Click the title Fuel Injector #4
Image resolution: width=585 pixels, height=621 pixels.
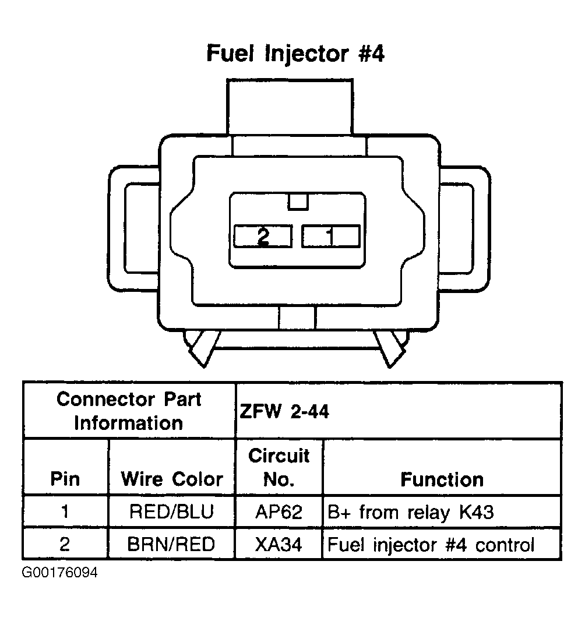tap(295, 54)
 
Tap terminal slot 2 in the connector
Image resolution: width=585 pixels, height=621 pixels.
tap(263, 236)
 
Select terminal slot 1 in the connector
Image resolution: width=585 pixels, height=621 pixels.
tap(330, 236)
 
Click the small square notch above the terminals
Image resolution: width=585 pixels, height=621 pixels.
tap(298, 202)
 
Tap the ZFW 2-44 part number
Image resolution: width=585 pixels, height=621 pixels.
tap(284, 412)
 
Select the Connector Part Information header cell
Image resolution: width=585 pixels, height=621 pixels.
tap(129, 411)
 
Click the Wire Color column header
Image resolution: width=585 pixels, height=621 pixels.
tap(172, 479)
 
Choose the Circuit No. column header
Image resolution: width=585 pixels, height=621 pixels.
tap(279, 467)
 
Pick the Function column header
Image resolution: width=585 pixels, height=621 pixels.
tap(442, 479)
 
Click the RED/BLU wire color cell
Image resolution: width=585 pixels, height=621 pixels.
tap(172, 512)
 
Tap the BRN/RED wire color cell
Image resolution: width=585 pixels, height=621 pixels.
tap(172, 544)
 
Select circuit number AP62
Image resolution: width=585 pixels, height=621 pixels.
tap(279, 512)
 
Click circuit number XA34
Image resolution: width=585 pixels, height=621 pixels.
tap(279, 544)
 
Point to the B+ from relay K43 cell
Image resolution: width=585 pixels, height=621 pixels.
tap(411, 512)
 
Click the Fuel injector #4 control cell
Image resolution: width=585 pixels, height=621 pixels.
tap(431, 544)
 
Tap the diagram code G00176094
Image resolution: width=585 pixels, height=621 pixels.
tap(60, 573)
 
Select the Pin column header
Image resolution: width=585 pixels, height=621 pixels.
tap(65, 479)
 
